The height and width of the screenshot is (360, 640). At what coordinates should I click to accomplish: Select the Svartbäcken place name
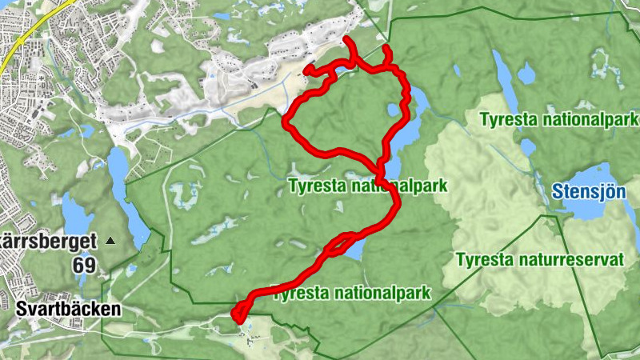pyautogui.click(x=68, y=308)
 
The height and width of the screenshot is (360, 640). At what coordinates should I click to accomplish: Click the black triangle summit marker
pyautogui.click(x=110, y=240)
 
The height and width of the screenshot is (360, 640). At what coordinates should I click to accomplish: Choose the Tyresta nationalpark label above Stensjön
pyautogui.click(x=558, y=120)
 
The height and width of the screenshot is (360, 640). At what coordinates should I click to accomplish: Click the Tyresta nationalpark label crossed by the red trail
pyautogui.click(x=366, y=186)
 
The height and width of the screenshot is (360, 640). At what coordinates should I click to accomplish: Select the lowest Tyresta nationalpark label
pyautogui.click(x=352, y=292)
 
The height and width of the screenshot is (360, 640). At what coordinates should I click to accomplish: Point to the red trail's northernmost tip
pyautogui.click(x=346, y=39)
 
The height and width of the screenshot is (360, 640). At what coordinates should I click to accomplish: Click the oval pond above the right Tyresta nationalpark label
pyautogui.click(x=526, y=75)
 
